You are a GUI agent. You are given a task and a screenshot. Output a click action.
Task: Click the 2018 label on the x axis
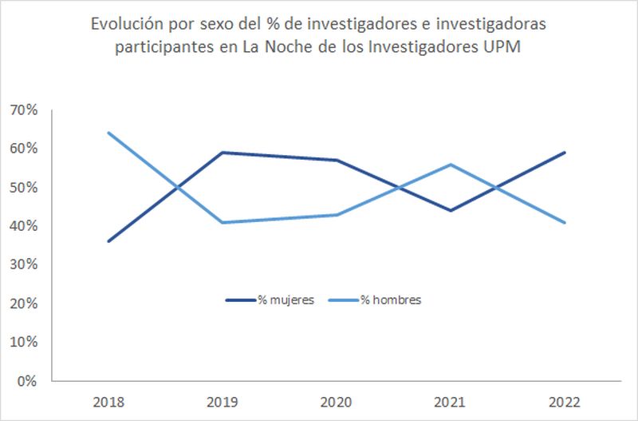pyautogui.click(x=108, y=401)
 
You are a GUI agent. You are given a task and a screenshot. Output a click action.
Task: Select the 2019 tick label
pyautogui.click(x=223, y=401)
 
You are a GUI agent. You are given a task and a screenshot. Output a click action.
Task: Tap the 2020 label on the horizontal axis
pyautogui.click(x=337, y=401)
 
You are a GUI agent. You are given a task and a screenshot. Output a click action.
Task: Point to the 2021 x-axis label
pyautogui.click(x=451, y=401)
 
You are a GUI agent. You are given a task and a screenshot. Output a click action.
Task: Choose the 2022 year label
pyautogui.click(x=565, y=401)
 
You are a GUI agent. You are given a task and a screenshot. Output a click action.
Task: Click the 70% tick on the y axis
pyautogui.click(x=23, y=110)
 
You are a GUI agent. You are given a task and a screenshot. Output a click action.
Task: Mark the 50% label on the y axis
pyautogui.click(x=23, y=188)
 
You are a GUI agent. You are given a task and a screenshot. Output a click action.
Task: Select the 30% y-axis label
pyautogui.click(x=23, y=265)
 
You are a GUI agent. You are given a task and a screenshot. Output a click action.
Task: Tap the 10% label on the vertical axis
pyautogui.click(x=23, y=343)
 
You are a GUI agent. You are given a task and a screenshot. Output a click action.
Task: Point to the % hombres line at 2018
pyautogui.click(x=108, y=133)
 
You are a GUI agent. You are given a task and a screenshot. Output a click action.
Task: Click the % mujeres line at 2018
pyautogui.click(x=108, y=241)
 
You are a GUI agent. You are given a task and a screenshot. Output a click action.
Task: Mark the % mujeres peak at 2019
pyautogui.click(x=223, y=153)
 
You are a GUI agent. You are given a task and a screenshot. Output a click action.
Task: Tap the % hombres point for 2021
pyautogui.click(x=451, y=165)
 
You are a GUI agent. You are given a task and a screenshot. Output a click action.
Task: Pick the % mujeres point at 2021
pyautogui.click(x=451, y=211)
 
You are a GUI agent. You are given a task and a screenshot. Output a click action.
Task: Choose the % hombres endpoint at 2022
pyautogui.click(x=565, y=222)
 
